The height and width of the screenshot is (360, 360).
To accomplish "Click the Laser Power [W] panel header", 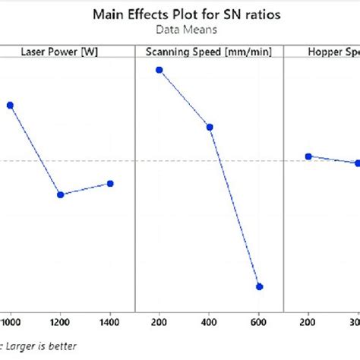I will click(58, 52).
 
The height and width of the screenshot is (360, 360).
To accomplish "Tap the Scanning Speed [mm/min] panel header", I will click(209, 52).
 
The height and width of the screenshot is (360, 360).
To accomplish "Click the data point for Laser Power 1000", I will click(10, 106).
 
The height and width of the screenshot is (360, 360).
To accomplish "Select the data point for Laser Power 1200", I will click(60, 195).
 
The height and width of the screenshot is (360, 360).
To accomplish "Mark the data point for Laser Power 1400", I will click(110, 183).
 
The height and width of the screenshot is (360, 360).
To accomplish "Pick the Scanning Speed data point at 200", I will click(159, 70).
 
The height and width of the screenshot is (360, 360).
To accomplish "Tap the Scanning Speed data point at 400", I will click(210, 127).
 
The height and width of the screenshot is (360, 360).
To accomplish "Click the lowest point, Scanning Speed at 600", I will click(260, 286).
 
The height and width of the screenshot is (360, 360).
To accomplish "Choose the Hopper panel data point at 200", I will click(308, 156).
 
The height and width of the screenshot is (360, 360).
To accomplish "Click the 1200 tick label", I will click(60, 322).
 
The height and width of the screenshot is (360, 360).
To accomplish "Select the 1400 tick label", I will click(110, 322).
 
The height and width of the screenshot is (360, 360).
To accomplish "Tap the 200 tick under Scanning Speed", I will click(159, 322).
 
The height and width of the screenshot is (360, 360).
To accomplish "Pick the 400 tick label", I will click(210, 322).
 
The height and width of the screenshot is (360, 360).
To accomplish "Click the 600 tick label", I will click(260, 322).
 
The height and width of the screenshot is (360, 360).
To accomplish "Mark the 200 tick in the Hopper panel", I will click(308, 322).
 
